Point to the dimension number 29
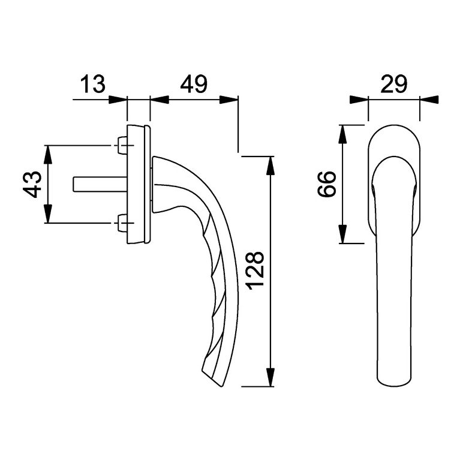pos(393,83)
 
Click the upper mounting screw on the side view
pos(122,145)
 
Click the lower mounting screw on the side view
pos(122,223)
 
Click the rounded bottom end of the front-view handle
pos(393,380)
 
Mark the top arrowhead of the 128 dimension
pos(270,163)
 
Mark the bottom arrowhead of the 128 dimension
pos(270,378)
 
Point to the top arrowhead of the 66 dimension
pos(342,133)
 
